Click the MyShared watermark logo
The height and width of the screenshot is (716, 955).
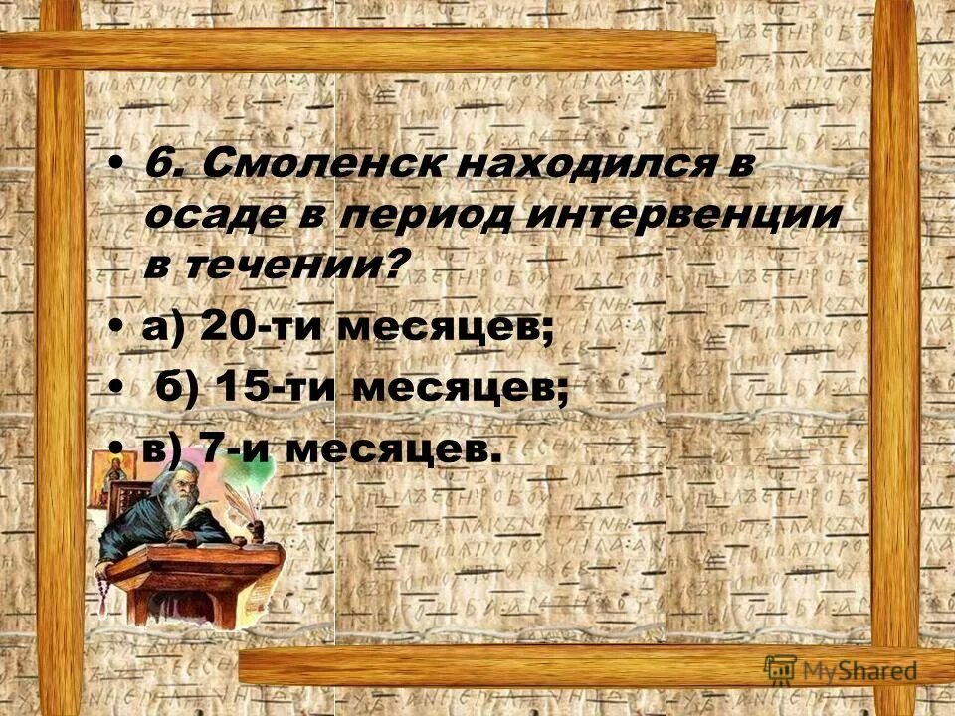[842, 670]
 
